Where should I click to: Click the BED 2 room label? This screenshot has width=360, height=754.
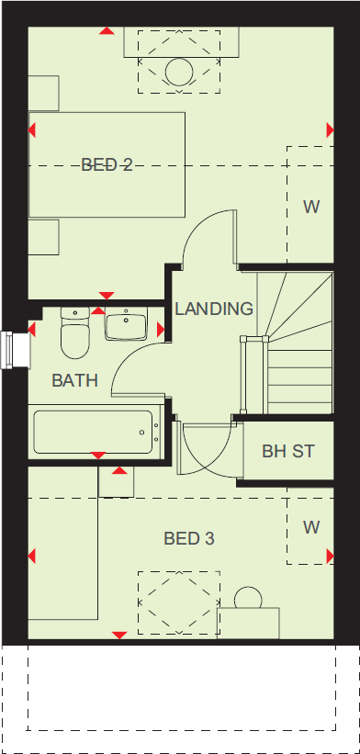[x=107, y=165]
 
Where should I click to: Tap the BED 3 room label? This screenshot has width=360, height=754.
[x=189, y=538]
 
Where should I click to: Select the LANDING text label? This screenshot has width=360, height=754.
[x=214, y=309]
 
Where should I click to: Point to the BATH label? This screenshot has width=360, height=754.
[x=74, y=380]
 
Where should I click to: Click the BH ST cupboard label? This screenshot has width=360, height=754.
[x=287, y=451]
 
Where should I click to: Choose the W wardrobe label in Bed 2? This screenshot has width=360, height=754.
[x=311, y=207]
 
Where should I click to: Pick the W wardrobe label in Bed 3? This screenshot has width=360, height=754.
[x=311, y=527]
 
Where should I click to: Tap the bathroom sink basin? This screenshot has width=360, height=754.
[x=126, y=325]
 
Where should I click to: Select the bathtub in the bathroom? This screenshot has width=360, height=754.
[x=93, y=431]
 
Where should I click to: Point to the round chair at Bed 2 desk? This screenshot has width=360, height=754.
[x=178, y=73]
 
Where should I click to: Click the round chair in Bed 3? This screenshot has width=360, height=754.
[x=247, y=598]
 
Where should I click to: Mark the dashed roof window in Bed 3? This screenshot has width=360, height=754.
[x=178, y=601]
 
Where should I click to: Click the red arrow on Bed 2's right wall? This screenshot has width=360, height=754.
[x=330, y=130]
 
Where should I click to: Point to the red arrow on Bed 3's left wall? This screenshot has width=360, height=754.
[x=33, y=557]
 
